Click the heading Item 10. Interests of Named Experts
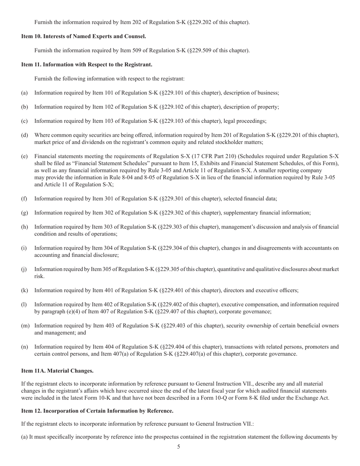coord(83,36)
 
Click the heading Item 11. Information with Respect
coord(87,64)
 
